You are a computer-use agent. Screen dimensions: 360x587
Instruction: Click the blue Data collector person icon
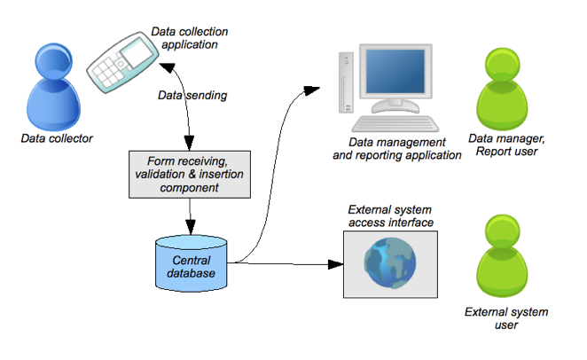click(x=57, y=89)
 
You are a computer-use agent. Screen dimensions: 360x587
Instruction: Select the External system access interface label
click(x=390, y=216)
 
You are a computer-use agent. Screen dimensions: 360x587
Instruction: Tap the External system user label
click(x=506, y=318)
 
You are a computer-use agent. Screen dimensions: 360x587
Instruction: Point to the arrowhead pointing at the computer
click(x=309, y=89)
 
